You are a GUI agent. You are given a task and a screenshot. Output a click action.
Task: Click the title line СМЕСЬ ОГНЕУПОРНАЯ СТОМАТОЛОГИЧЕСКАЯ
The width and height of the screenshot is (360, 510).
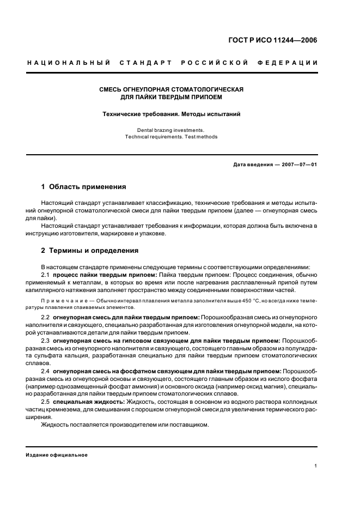click(x=171, y=89)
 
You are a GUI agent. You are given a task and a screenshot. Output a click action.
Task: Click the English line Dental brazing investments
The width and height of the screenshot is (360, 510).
click(x=171, y=130)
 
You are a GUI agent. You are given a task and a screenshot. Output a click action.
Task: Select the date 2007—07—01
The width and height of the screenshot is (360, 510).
click(x=298, y=165)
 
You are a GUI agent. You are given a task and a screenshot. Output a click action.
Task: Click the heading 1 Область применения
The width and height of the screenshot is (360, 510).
click(x=84, y=186)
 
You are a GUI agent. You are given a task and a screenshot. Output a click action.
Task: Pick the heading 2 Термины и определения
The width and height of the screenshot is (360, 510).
click(x=90, y=251)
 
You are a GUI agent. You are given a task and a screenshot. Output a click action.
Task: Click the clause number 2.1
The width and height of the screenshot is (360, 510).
click(x=46, y=275)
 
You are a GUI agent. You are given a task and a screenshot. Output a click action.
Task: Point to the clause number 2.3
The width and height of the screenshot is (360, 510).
click(x=46, y=341)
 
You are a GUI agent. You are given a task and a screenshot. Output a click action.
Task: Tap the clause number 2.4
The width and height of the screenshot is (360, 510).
click(x=46, y=371)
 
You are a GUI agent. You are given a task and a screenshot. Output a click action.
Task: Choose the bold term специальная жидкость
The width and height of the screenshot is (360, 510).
click(x=89, y=402)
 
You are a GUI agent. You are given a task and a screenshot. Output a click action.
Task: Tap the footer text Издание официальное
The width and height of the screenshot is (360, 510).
click(x=57, y=454)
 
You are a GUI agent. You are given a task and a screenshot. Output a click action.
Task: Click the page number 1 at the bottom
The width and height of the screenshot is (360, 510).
click(x=316, y=466)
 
